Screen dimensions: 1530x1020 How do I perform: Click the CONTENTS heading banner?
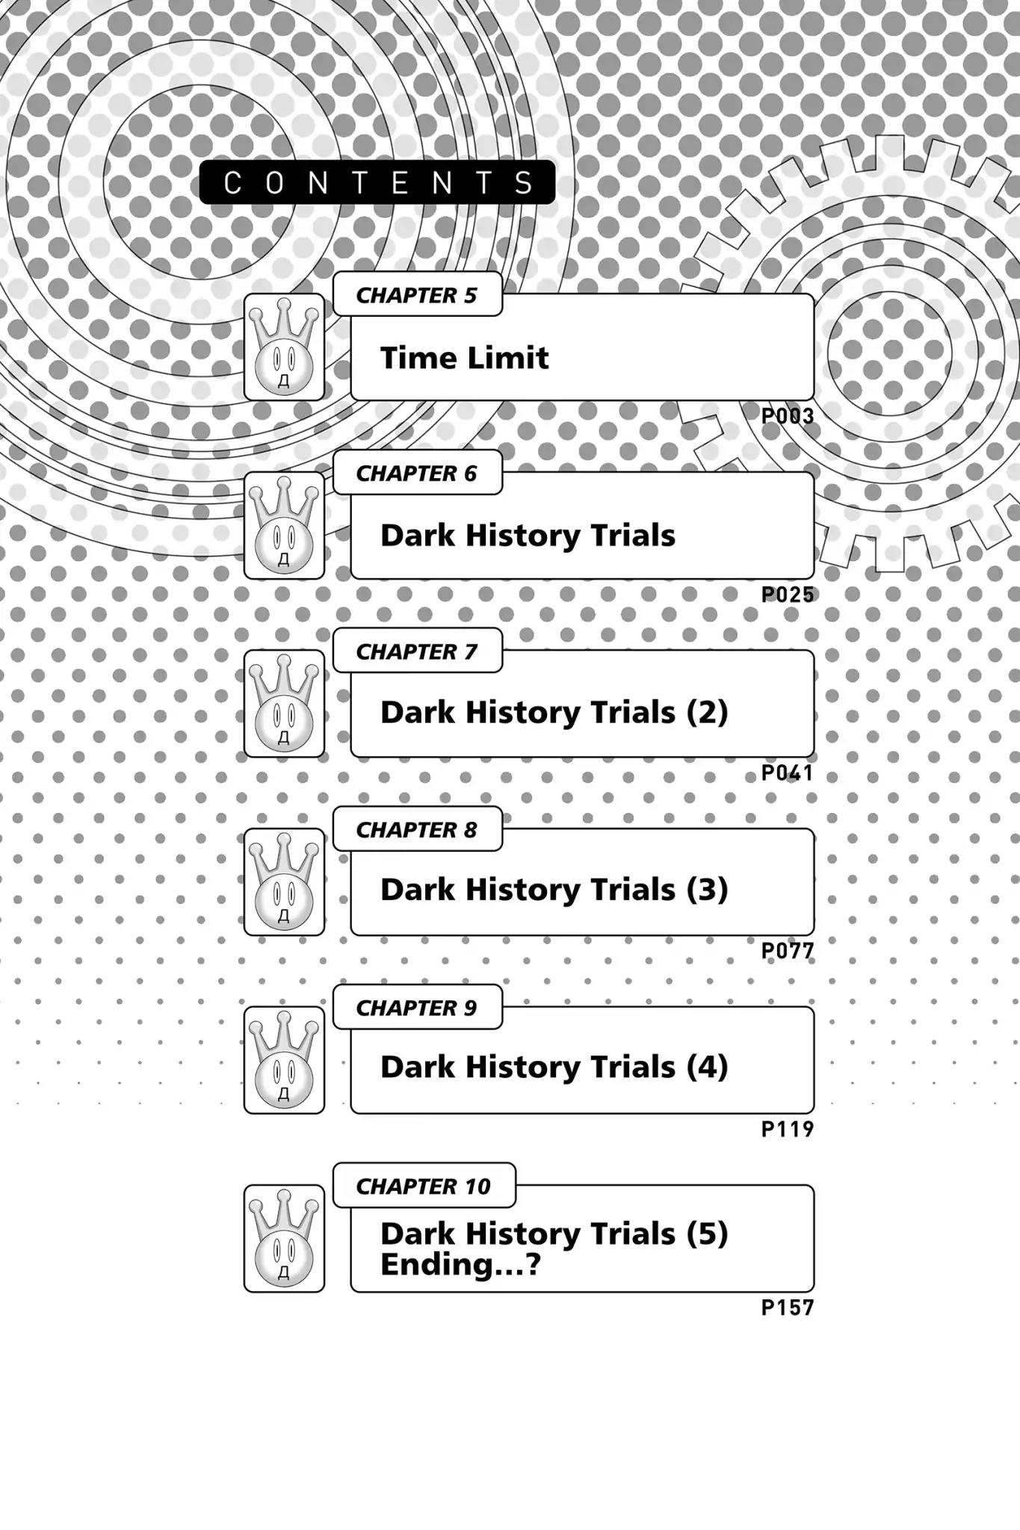pyautogui.click(x=377, y=182)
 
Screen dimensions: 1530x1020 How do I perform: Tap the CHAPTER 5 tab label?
pyautogui.click(x=416, y=295)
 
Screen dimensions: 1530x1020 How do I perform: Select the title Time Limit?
pyautogui.click(x=464, y=358)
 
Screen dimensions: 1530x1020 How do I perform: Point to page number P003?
pyautogui.click(x=787, y=416)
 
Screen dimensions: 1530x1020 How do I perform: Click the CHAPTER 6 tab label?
pyautogui.click(x=416, y=473)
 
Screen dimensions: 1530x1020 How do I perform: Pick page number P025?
pyautogui.click(x=787, y=595)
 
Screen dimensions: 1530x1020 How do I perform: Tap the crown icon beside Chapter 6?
pyautogui.click(x=284, y=525)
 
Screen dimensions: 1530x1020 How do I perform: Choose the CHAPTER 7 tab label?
pyautogui.click(x=416, y=651)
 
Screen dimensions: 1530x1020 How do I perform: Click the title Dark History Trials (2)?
pyautogui.click(x=554, y=712)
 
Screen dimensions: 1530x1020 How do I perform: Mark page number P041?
pyautogui.click(x=787, y=772)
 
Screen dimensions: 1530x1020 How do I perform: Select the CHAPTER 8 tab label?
pyautogui.click(x=416, y=829)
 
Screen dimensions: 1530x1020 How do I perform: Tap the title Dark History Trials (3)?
pyautogui.click(x=554, y=890)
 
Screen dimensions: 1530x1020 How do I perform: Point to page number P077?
pyautogui.click(x=787, y=950)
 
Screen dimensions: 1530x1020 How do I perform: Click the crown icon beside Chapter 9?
pyautogui.click(x=284, y=1059)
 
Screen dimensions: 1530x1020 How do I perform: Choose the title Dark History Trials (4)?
pyautogui.click(x=554, y=1067)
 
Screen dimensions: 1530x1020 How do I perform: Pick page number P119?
pyautogui.click(x=787, y=1129)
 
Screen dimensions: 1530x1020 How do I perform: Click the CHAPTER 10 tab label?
pyautogui.click(x=423, y=1186)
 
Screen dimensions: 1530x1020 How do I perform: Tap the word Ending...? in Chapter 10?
pyautogui.click(x=460, y=1265)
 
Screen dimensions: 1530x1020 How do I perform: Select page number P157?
pyautogui.click(x=787, y=1307)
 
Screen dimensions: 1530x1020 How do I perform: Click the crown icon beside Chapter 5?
pyautogui.click(x=284, y=347)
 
